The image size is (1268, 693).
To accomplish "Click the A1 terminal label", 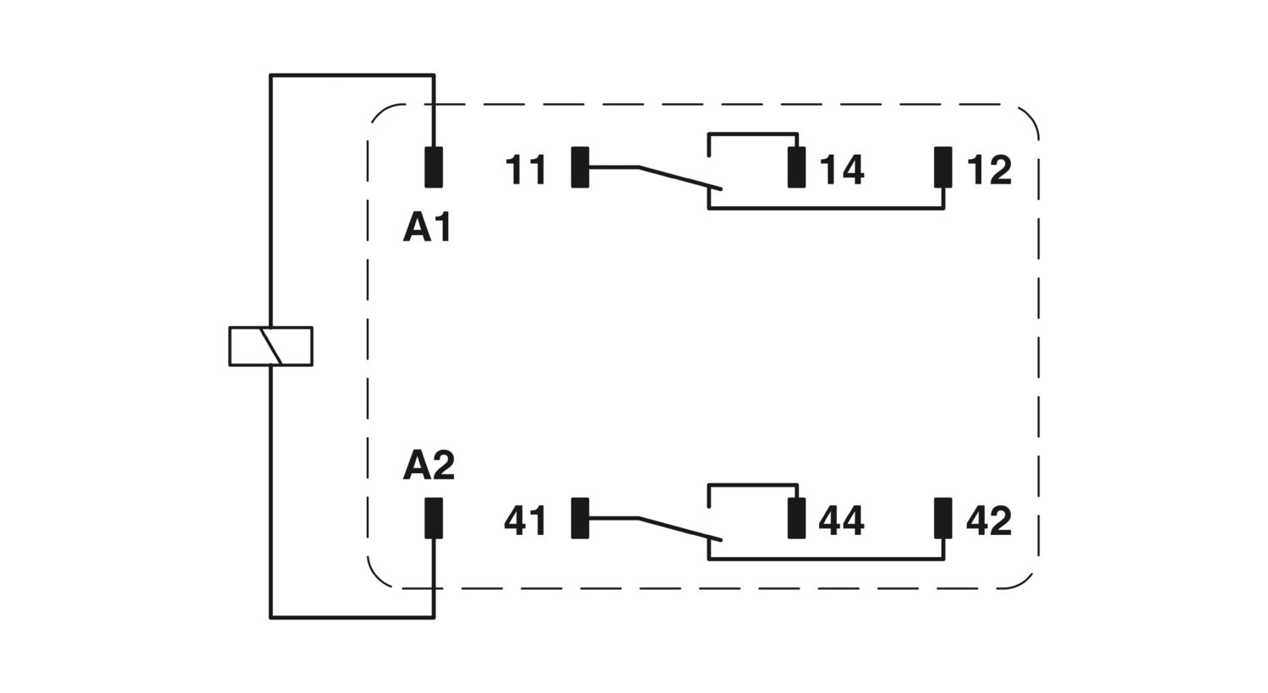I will [427, 228].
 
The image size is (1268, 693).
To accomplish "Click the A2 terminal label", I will [429, 466].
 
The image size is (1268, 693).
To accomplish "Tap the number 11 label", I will [526, 170].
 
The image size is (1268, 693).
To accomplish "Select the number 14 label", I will [842, 170].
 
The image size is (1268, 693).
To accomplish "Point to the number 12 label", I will [988, 170].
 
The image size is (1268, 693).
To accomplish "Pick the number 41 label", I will [526, 521].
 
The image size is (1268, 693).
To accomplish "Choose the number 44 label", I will [842, 521].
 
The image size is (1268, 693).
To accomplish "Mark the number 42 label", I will [988, 521].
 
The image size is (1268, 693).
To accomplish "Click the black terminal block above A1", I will [434, 166].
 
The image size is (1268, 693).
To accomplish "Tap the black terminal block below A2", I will [434, 518].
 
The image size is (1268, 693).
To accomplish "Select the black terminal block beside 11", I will [580, 166].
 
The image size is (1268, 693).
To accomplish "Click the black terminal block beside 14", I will [796, 166].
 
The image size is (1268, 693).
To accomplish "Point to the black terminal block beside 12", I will [943, 166].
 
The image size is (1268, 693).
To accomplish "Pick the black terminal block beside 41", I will [580, 518].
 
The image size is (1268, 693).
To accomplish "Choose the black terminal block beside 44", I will [796, 518].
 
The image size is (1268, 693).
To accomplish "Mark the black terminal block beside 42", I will [943, 518].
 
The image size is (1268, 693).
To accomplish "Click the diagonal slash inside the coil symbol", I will [271, 346].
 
